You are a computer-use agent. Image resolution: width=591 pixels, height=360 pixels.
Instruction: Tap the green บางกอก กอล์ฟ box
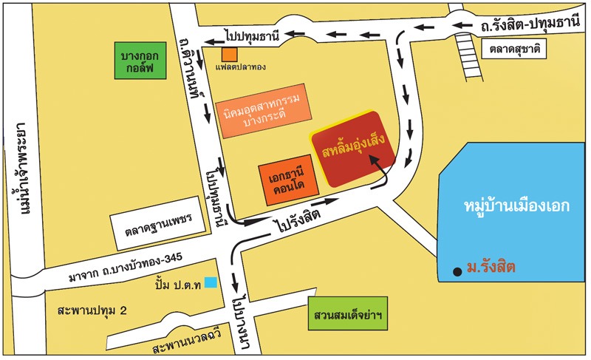pyautogui.click(x=144, y=61)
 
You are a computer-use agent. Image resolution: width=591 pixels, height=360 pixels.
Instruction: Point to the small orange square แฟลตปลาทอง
pyautogui.click(x=231, y=54)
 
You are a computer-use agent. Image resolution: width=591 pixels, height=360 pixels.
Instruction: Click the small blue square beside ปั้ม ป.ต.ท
pyautogui.click(x=211, y=282)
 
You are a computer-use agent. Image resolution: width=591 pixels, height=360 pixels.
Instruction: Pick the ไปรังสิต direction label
pyautogui.click(x=299, y=217)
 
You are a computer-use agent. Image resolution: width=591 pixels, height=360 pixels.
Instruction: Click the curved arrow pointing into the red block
pyautogui.click(x=383, y=175)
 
